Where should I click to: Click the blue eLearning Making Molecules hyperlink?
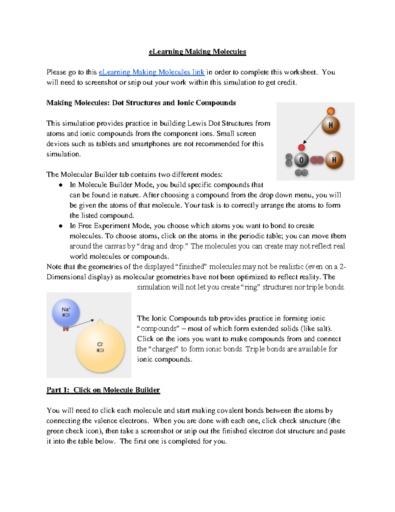[x=151, y=72]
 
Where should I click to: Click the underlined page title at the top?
[x=197, y=52]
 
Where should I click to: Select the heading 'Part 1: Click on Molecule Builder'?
[x=103, y=390]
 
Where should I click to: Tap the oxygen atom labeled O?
[x=301, y=161]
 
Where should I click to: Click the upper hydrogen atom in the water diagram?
[x=330, y=125]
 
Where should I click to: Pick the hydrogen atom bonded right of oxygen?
[x=334, y=160]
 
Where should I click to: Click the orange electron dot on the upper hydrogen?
[x=331, y=111]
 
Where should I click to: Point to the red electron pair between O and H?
[x=317, y=160]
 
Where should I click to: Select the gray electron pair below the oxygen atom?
[x=301, y=172]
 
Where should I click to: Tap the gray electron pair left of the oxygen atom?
[x=289, y=160]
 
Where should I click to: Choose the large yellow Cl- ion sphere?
[x=100, y=348]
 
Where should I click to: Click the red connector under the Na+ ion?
[x=66, y=328]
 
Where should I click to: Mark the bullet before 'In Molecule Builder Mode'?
[x=61, y=185]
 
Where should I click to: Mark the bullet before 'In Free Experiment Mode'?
[x=61, y=226]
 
